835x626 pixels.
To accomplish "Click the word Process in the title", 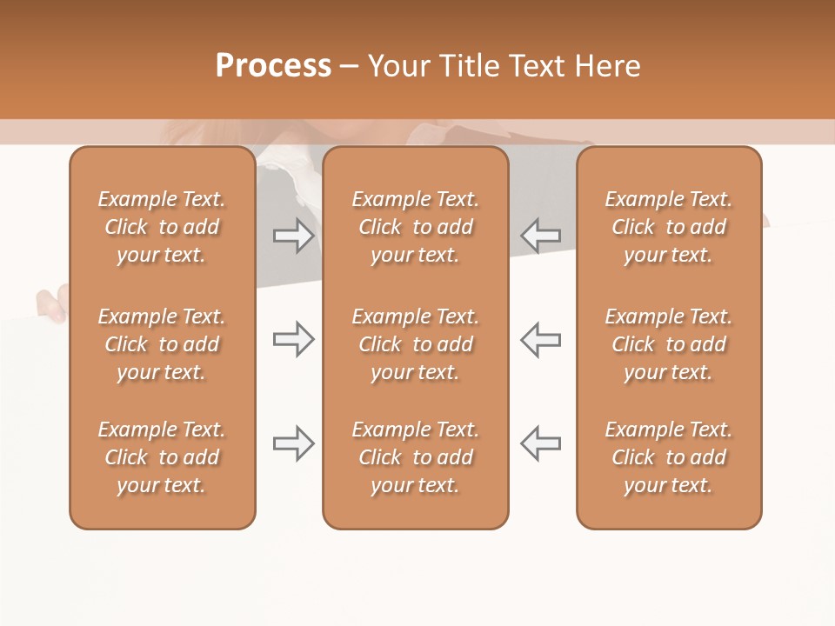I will click(273, 66).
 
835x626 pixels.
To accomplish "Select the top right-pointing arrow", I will click(294, 235).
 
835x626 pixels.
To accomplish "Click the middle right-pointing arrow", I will click(294, 339).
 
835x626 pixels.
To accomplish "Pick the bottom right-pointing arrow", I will click(294, 443).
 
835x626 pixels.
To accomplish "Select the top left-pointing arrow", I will click(540, 235).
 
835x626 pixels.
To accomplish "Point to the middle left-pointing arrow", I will click(540, 339).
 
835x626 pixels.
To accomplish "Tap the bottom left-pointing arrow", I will click(540, 443).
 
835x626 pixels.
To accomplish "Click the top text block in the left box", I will click(162, 227).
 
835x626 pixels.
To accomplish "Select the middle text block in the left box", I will click(162, 344).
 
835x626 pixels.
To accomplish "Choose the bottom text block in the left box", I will click(162, 457).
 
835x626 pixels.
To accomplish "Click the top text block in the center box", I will click(415, 227).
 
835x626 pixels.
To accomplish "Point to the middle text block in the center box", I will click(415, 344).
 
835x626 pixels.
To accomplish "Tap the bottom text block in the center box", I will click(415, 457).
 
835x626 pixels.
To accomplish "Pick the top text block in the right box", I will click(669, 227).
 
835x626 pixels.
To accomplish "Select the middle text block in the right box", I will click(669, 344).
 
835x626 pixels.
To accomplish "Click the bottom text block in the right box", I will click(669, 457).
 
